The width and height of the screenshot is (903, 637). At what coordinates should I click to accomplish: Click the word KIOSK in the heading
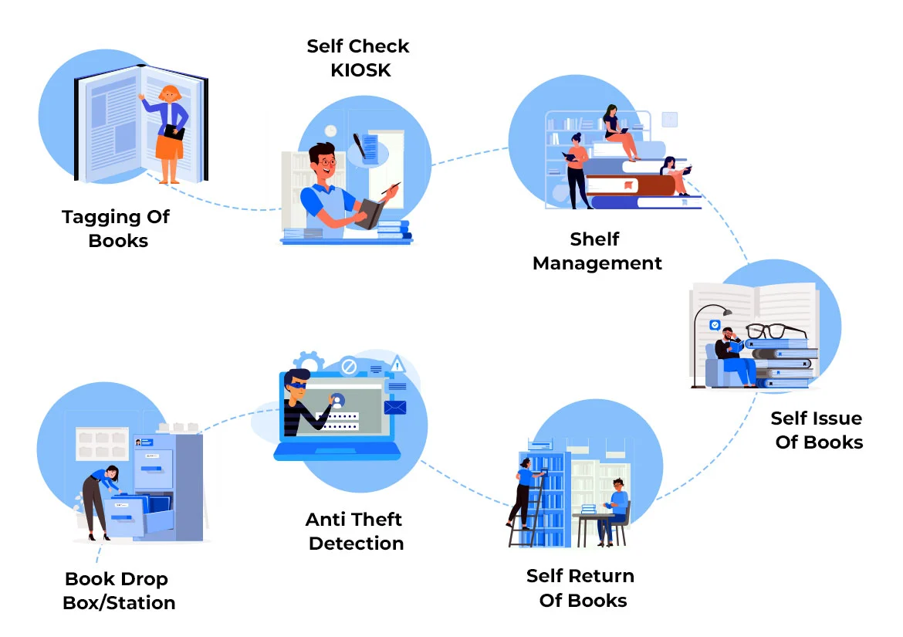tap(360, 69)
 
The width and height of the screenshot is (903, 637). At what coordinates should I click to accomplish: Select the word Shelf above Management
tap(594, 239)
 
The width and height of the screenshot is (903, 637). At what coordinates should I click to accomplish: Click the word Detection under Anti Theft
tap(356, 544)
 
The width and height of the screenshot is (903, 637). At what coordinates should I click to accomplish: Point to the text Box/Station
tap(119, 603)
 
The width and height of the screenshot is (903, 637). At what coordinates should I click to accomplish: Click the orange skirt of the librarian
tap(169, 146)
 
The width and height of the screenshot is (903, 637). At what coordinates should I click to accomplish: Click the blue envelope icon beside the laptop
tap(394, 407)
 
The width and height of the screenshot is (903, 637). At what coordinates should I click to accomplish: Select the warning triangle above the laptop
tap(397, 364)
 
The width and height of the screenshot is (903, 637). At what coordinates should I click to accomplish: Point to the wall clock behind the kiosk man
tap(331, 131)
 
